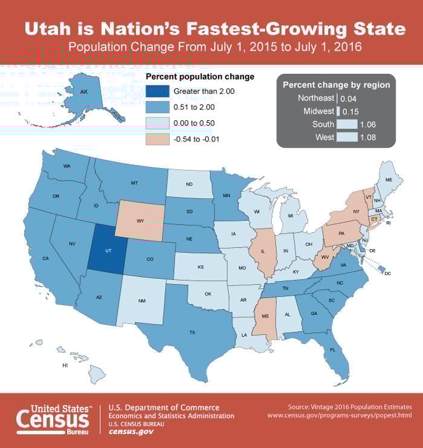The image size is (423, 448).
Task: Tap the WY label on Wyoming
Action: pyautogui.click(x=140, y=221)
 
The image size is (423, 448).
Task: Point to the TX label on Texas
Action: pyautogui.click(x=192, y=332)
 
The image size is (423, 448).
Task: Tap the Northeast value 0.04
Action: pyautogui.click(x=349, y=98)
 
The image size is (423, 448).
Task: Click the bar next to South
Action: pyautogui.click(x=346, y=125)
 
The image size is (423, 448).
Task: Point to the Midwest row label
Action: pyautogui.click(x=318, y=111)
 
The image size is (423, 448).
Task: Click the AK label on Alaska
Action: pyautogui.click(x=85, y=91)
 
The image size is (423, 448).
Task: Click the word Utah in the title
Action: pyautogui.click(x=51, y=28)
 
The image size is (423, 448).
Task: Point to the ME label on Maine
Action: pyautogui.click(x=388, y=180)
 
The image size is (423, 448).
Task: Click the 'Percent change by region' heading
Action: pyautogui.click(x=336, y=85)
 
